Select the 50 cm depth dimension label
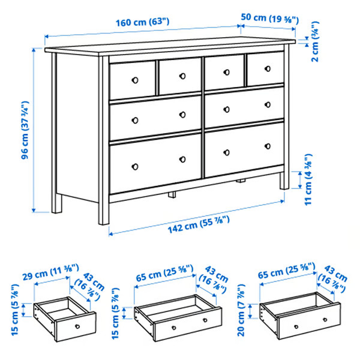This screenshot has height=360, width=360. (269, 19)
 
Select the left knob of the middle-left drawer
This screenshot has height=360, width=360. (134, 118)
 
